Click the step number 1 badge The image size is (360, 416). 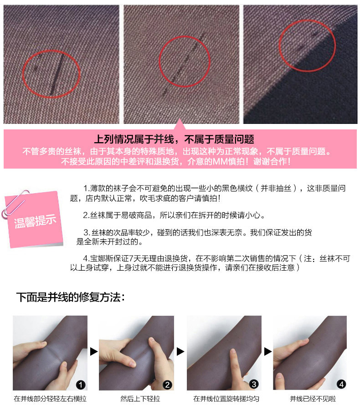81,385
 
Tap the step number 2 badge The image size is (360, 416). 167,385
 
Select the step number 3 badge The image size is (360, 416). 254,384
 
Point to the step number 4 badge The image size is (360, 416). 341,384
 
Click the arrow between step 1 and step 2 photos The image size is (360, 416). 94,352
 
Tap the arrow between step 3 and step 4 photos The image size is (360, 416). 267,352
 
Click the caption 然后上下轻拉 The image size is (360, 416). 140,399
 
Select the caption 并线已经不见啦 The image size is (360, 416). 313,399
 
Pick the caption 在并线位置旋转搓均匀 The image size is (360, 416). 226,399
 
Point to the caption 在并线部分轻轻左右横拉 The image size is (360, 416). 50,399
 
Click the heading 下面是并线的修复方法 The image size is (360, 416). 70,297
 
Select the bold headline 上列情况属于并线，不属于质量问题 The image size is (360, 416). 174,139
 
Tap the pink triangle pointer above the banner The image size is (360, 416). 180,124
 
